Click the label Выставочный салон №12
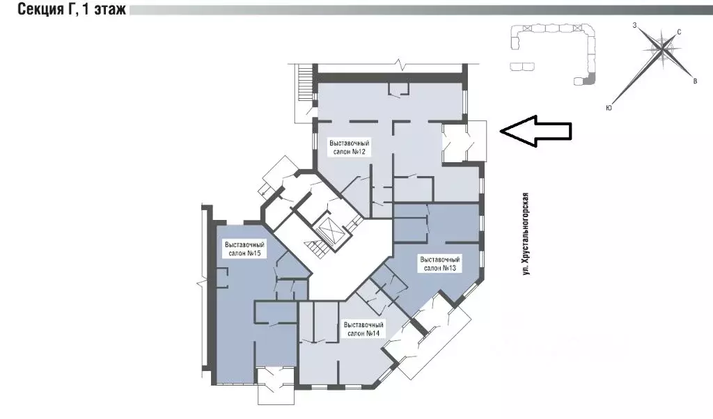pyautogui.click(x=349, y=148)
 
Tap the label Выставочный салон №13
pyautogui.click(x=440, y=264)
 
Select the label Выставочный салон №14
pyautogui.click(x=363, y=329)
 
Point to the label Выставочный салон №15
pyautogui.click(x=244, y=248)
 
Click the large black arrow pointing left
pyautogui.click(x=535, y=131)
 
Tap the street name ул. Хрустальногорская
pyautogui.click(x=526, y=234)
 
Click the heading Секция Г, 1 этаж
pyautogui.click(x=72, y=8)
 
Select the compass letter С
pyautogui.click(x=679, y=32)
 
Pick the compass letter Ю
pyautogui.click(x=609, y=108)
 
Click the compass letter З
pyautogui.click(x=634, y=26)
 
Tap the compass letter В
pyautogui.click(x=695, y=81)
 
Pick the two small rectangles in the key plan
pyautogui.click(x=522, y=67)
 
